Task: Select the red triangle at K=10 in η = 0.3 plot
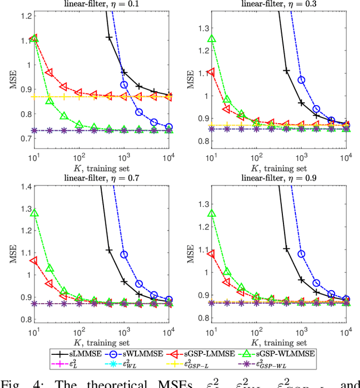coord(211,72)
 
